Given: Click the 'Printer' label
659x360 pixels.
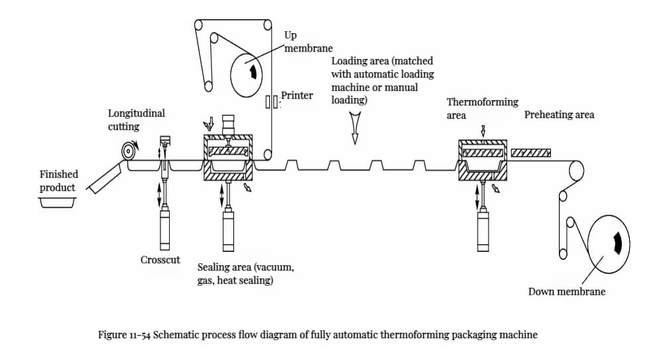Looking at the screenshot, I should click(296, 95).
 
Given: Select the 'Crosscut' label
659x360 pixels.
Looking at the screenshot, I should click(160, 260).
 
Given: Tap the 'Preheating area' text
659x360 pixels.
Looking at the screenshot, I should click(559, 115).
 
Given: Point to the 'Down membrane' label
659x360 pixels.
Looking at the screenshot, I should click(566, 291).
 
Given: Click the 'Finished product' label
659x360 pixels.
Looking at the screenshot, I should click(58, 180).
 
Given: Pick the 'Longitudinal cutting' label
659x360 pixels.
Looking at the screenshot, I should click(136, 119).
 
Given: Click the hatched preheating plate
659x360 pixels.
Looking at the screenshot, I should click(531, 154).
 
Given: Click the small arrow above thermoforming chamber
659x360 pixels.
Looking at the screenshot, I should click(483, 130).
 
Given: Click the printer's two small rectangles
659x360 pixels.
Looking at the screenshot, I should click(270, 102).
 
